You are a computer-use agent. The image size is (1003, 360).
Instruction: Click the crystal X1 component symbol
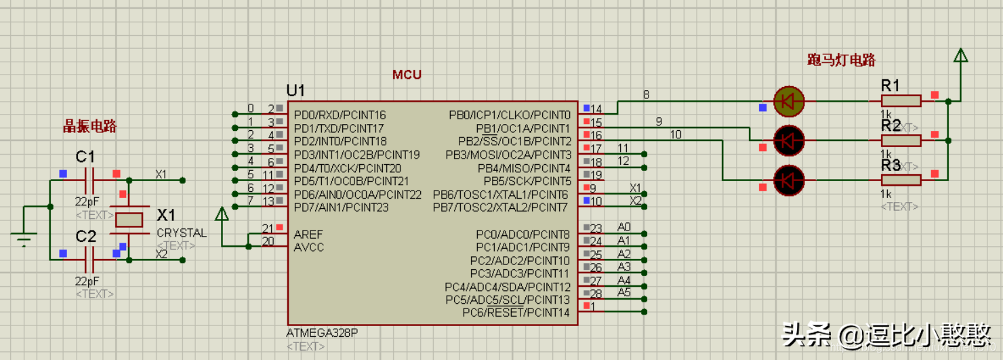pos(129,219)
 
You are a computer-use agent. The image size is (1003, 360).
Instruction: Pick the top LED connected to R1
pos(788,101)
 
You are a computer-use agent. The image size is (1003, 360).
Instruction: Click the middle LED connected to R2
pos(788,140)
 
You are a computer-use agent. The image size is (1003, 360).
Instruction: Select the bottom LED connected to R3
pos(788,180)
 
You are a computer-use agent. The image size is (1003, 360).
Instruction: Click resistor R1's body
pos(901,101)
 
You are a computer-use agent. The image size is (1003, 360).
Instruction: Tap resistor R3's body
pos(901,180)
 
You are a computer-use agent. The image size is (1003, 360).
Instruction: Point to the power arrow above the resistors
pos(960,56)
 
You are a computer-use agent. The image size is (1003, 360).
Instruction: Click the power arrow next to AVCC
pos(222,215)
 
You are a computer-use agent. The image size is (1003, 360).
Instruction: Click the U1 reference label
pos(295,91)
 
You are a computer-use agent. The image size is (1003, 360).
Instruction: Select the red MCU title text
pos(407,75)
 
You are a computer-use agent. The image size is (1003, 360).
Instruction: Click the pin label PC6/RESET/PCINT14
pos(516,313)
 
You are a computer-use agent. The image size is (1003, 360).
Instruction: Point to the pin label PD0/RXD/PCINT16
pos(340,115)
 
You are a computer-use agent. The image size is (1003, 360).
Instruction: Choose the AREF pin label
pos(308,235)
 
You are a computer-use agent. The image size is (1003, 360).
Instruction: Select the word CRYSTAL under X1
pos(182,233)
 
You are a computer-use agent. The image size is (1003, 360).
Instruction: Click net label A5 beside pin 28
pos(624,293)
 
